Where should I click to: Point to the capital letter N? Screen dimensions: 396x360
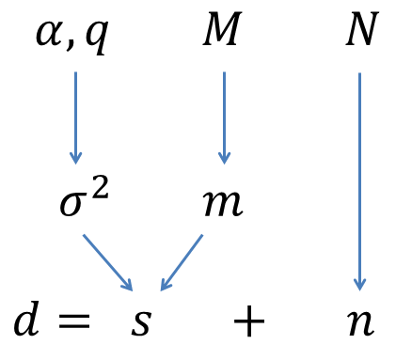pos(361,31)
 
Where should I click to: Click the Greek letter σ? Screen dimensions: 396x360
pos(73,205)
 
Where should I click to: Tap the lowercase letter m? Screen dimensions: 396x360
pos(224,205)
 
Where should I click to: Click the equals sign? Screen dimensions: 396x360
pos(71,322)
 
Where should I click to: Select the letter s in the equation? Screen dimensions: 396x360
pos(141,322)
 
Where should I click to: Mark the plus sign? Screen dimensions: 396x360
pos(249,322)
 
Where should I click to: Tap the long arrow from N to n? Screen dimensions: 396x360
pos(359,179)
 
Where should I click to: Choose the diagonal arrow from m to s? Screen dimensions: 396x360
pos(182,261)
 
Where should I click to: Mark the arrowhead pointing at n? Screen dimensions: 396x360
pos(359,284)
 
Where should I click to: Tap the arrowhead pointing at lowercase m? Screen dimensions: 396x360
pos(224,157)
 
